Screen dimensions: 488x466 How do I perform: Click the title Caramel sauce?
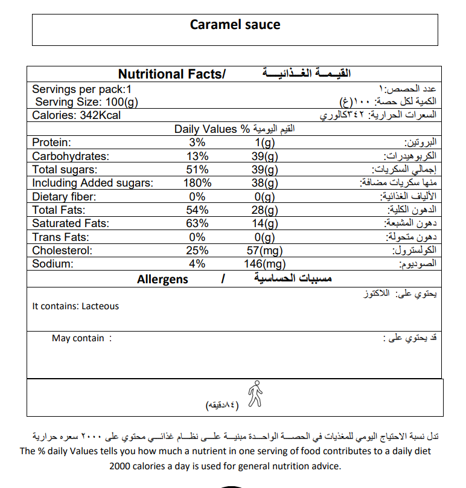point(235,25)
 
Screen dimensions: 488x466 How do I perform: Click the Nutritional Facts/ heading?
point(171,74)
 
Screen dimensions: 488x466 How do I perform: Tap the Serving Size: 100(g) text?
point(86,102)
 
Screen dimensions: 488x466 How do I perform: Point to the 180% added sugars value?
point(197,183)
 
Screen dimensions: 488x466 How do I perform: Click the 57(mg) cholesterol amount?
point(266,251)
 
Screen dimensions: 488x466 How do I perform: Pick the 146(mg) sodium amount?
point(266,264)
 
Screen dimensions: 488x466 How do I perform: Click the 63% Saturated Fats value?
point(197,223)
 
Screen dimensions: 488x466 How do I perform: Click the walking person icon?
point(255,393)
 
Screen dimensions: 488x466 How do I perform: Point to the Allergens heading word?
point(162,279)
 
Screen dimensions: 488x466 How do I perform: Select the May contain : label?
point(81,338)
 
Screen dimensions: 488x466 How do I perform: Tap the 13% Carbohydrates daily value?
point(197,156)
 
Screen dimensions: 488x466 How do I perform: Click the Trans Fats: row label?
point(60,237)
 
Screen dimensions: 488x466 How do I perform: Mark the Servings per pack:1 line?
point(81,89)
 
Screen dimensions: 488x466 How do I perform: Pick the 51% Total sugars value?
point(197,170)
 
